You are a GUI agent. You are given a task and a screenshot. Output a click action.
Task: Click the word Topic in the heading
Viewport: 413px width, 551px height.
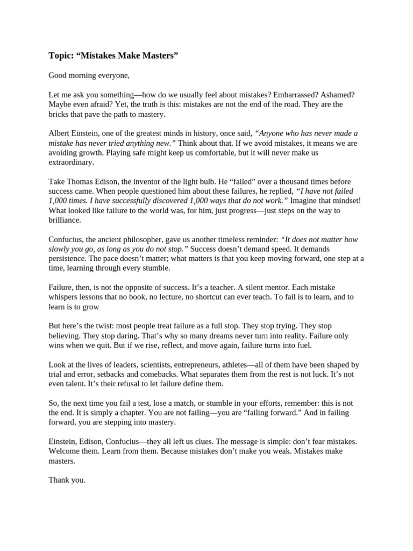60,55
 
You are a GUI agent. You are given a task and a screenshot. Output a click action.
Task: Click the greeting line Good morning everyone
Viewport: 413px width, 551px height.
89,75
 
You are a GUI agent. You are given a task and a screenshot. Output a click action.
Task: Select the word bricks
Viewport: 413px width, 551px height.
59,114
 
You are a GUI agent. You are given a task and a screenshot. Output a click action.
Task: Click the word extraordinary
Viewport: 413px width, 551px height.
71,163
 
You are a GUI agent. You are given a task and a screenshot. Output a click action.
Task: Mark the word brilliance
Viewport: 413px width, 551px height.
65,220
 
